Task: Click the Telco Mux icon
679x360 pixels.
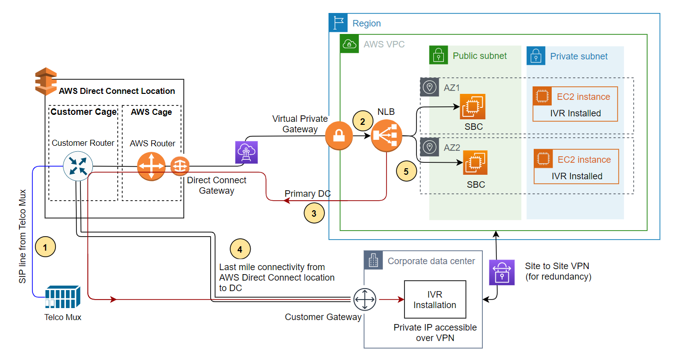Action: pos(63,298)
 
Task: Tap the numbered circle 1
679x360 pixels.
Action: pos(45,247)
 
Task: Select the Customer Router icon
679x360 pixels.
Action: pos(78,166)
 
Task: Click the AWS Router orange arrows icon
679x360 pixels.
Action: pos(151,166)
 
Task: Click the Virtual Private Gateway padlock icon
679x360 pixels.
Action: pos(339,136)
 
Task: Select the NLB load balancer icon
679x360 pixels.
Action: pos(386,136)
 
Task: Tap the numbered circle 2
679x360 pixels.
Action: pos(363,120)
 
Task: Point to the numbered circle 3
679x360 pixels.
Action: pos(314,213)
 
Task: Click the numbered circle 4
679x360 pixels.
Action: pos(240,249)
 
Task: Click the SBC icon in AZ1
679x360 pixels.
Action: pos(472,107)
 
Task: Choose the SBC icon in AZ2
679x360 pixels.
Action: pos(475,163)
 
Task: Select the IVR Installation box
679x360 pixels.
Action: pos(435,300)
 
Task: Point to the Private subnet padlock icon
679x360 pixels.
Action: pos(536,56)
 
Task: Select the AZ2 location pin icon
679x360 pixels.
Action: pos(429,147)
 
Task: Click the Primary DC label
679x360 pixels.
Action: pos(308,194)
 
